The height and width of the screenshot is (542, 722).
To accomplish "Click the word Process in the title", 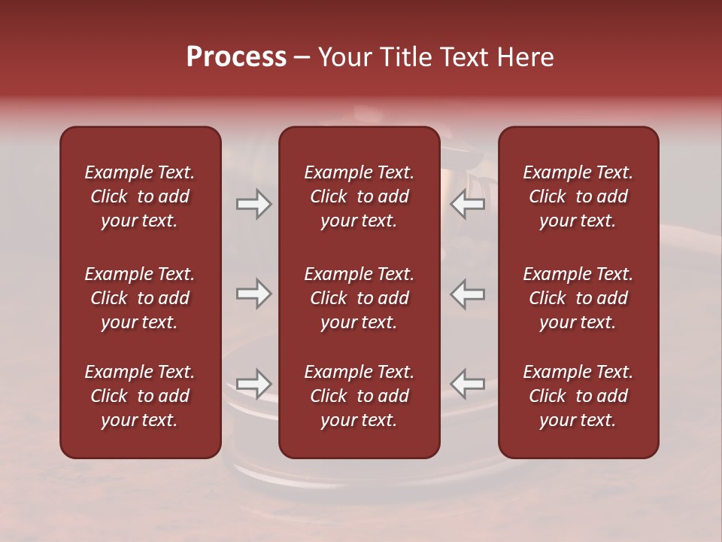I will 236,57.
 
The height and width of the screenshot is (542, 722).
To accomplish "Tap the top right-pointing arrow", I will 254,204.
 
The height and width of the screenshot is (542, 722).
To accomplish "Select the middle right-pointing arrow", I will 254,294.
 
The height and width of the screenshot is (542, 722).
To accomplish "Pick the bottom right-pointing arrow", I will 254,383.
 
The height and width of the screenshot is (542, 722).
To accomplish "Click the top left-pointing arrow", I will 468,204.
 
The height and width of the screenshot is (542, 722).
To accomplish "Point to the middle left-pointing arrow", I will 468,294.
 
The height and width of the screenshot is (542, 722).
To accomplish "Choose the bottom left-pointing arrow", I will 468,383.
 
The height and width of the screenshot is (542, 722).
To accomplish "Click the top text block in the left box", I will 140,196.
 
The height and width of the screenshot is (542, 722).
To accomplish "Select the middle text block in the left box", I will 140,298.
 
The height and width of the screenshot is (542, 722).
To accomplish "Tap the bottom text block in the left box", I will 140,396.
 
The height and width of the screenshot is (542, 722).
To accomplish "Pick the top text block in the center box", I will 359,196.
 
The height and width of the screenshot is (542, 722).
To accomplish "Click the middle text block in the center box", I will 359,298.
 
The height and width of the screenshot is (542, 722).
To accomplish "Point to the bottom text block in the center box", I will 359,396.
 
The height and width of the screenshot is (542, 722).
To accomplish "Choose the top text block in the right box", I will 578,196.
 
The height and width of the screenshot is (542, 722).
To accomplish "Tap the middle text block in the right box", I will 578,298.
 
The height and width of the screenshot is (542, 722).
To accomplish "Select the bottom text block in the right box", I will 578,396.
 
